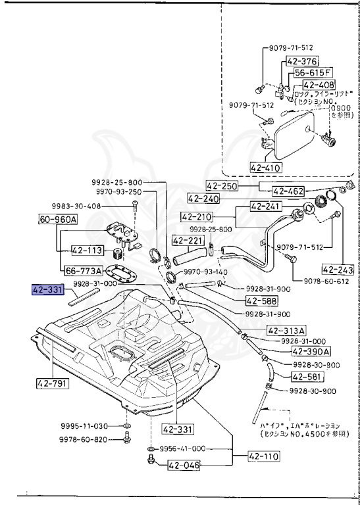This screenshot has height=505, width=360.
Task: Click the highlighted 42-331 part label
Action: [47, 289]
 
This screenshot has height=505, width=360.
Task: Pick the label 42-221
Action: [185, 241]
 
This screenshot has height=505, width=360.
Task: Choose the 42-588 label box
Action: [262, 301]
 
